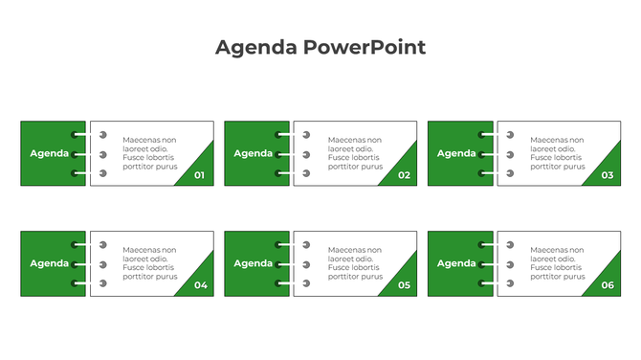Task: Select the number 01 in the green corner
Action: tap(199, 175)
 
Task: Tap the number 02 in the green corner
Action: tap(404, 175)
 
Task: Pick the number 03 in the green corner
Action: tap(608, 175)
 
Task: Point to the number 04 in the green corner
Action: tap(200, 285)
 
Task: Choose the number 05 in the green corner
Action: tap(404, 285)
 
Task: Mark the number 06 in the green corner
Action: tap(608, 285)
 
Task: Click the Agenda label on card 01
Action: tap(50, 153)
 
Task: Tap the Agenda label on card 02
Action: tap(254, 153)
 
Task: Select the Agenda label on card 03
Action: tap(456, 153)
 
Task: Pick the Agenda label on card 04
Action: tap(50, 263)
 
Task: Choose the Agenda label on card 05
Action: tap(254, 263)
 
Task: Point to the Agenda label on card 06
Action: tap(456, 263)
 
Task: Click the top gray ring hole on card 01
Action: tap(103, 135)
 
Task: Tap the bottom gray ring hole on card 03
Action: tap(510, 173)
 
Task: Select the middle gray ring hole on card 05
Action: tap(306, 264)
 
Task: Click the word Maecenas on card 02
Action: tap(345, 140)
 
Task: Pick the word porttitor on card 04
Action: tap(139, 277)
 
